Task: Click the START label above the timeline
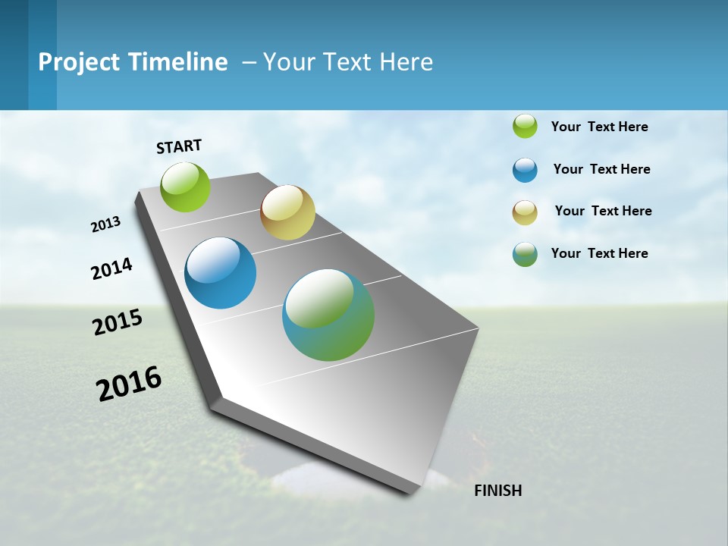click(x=179, y=146)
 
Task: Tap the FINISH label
click(x=497, y=491)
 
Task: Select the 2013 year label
click(x=105, y=224)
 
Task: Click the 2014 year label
click(x=111, y=268)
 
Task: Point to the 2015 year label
click(x=118, y=322)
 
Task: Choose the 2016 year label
click(x=129, y=384)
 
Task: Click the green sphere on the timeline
click(x=186, y=187)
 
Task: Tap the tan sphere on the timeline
click(x=287, y=212)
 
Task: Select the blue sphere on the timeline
click(x=221, y=273)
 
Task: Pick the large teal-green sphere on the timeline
click(x=328, y=315)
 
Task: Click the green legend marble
click(x=525, y=127)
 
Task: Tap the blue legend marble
click(x=525, y=170)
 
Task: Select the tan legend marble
click(x=525, y=212)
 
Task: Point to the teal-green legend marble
click(x=525, y=254)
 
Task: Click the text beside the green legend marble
click(x=599, y=127)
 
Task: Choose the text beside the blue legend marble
click(x=601, y=169)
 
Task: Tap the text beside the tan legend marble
click(x=603, y=211)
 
